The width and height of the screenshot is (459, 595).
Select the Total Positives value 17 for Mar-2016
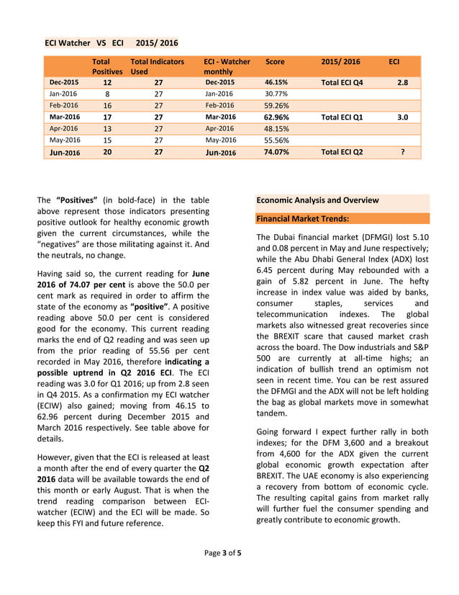click(x=107, y=117)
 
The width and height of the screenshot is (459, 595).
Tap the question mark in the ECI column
click(x=402, y=152)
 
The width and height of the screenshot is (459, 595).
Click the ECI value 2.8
click(x=402, y=83)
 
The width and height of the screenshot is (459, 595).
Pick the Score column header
click(x=275, y=62)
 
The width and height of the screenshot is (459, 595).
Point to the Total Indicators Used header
click(x=157, y=67)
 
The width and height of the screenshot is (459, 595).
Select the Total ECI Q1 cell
click(x=342, y=117)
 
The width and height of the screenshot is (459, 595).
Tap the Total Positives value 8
click(x=107, y=94)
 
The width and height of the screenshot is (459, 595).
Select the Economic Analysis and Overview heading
click(x=317, y=200)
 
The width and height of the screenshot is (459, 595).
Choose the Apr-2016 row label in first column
click(x=64, y=128)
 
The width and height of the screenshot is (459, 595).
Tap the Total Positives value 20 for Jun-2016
click(x=107, y=152)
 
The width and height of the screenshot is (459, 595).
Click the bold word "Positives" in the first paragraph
click(x=80, y=200)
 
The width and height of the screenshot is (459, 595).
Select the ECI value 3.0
click(x=402, y=117)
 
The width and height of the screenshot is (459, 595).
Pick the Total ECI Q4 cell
click(x=342, y=83)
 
